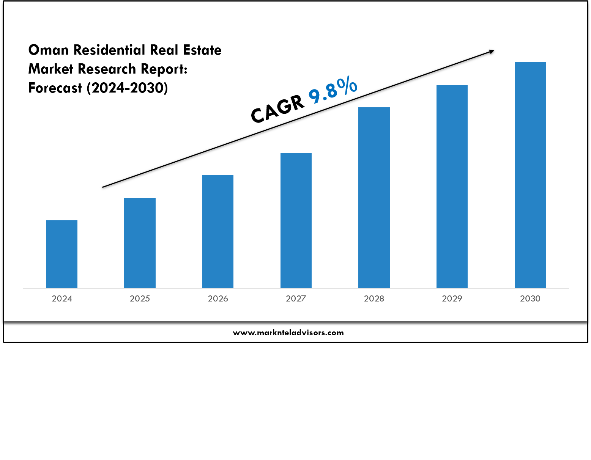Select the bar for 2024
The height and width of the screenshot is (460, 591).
coord(62,254)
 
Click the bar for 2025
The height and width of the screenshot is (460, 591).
coord(140,243)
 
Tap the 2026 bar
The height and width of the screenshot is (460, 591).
coord(218,231)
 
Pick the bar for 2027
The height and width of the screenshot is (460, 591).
coord(296,220)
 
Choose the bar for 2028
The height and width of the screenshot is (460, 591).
coord(374,197)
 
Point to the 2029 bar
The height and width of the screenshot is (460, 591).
coord(452,186)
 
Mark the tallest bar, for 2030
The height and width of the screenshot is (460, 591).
coord(530,174)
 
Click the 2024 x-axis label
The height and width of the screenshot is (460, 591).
coord(62,299)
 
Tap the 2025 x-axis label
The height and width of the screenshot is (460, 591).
coord(140,299)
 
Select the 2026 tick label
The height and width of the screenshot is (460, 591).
coord(218,299)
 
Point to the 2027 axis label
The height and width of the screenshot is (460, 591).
coord(296,299)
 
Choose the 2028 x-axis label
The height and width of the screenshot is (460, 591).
coord(374,299)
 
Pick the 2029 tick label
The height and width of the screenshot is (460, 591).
coord(452,299)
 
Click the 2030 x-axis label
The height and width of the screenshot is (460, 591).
coord(530,299)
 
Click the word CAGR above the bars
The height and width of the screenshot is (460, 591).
coord(277,109)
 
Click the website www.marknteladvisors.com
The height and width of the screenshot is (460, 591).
coord(288,333)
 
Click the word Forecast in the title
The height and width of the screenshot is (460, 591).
coord(55,88)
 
